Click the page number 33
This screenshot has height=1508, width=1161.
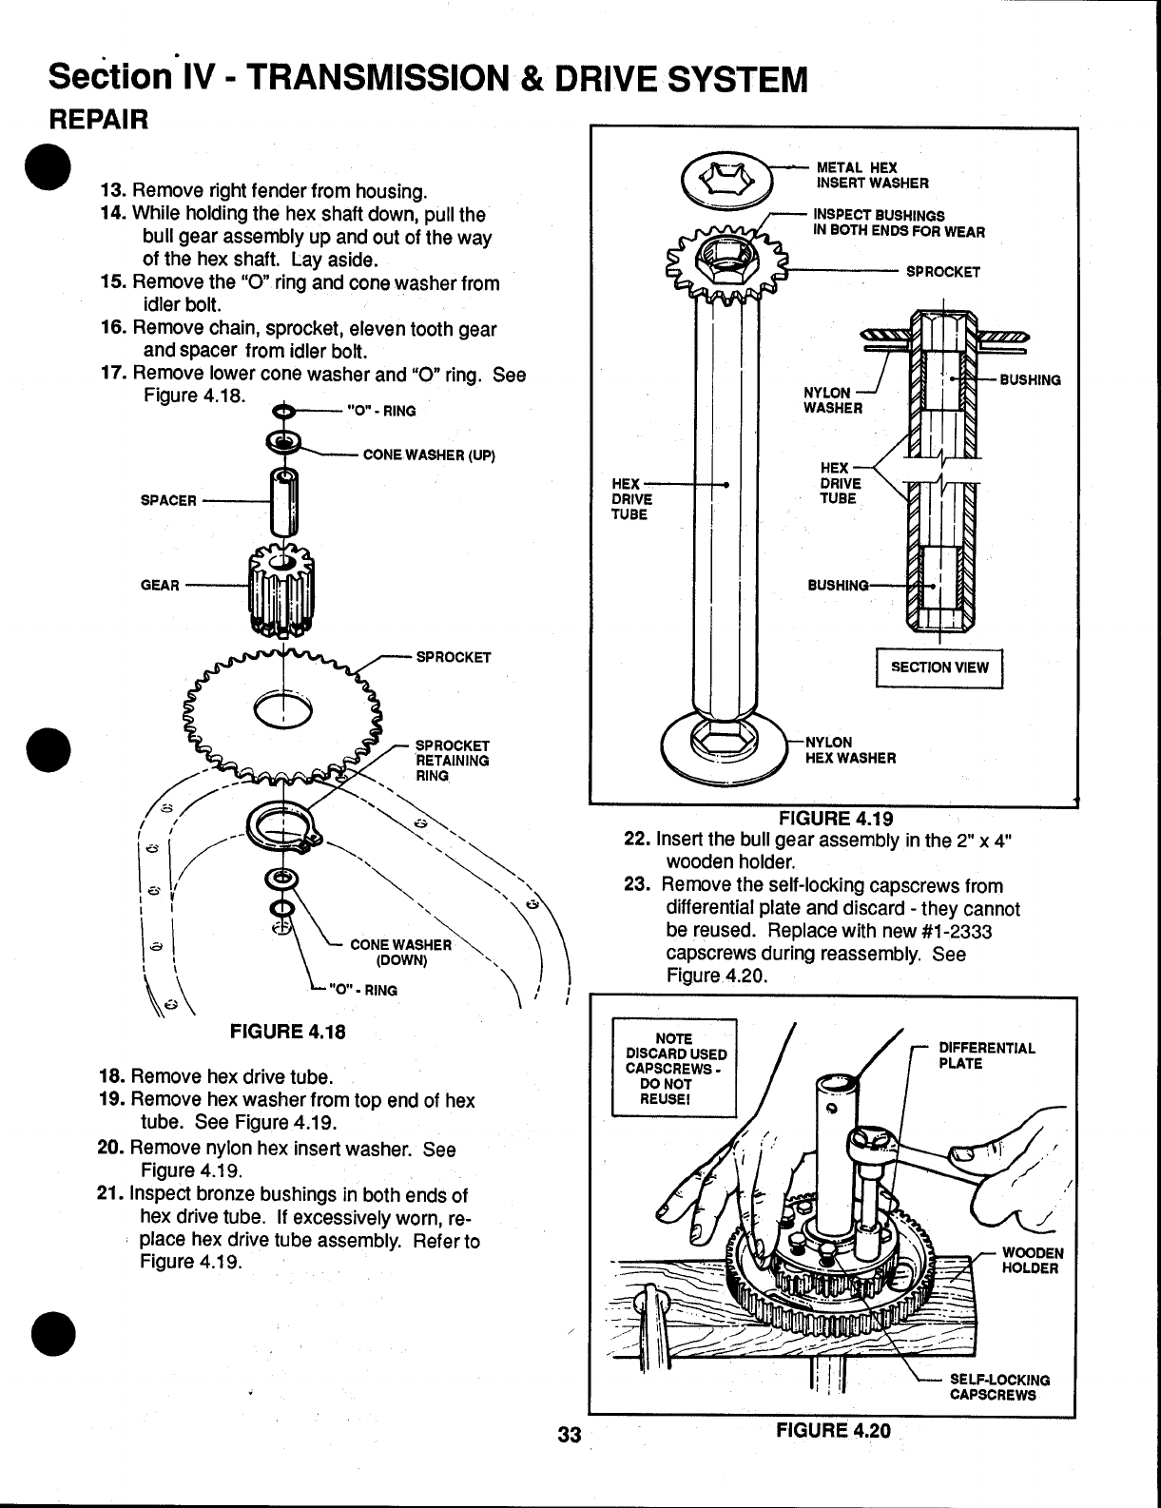[x=569, y=1435]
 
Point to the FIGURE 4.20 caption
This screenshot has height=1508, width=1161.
[x=833, y=1429]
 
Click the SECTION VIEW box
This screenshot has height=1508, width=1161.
[x=938, y=667]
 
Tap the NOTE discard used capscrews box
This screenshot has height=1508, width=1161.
[x=675, y=1067]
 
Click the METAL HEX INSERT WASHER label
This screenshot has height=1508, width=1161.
[x=873, y=176]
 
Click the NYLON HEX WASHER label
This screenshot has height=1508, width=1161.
[x=849, y=749]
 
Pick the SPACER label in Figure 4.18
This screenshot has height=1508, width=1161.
[x=168, y=500]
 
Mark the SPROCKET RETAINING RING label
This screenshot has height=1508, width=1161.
[x=453, y=760]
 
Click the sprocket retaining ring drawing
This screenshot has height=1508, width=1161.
[x=283, y=824]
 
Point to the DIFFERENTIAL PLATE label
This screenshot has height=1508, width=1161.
[x=986, y=1055]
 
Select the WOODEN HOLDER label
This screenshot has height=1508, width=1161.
[x=1033, y=1260]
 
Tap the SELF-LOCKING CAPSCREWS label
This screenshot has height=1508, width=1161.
[x=999, y=1387]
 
